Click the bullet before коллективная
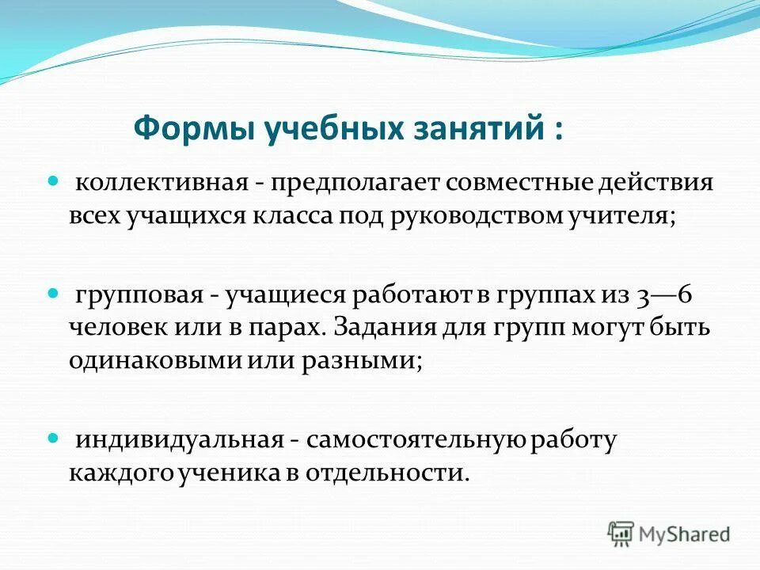(x=54, y=182)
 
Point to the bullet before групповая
(x=54, y=292)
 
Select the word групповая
(x=139, y=294)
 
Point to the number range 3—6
(x=663, y=294)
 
